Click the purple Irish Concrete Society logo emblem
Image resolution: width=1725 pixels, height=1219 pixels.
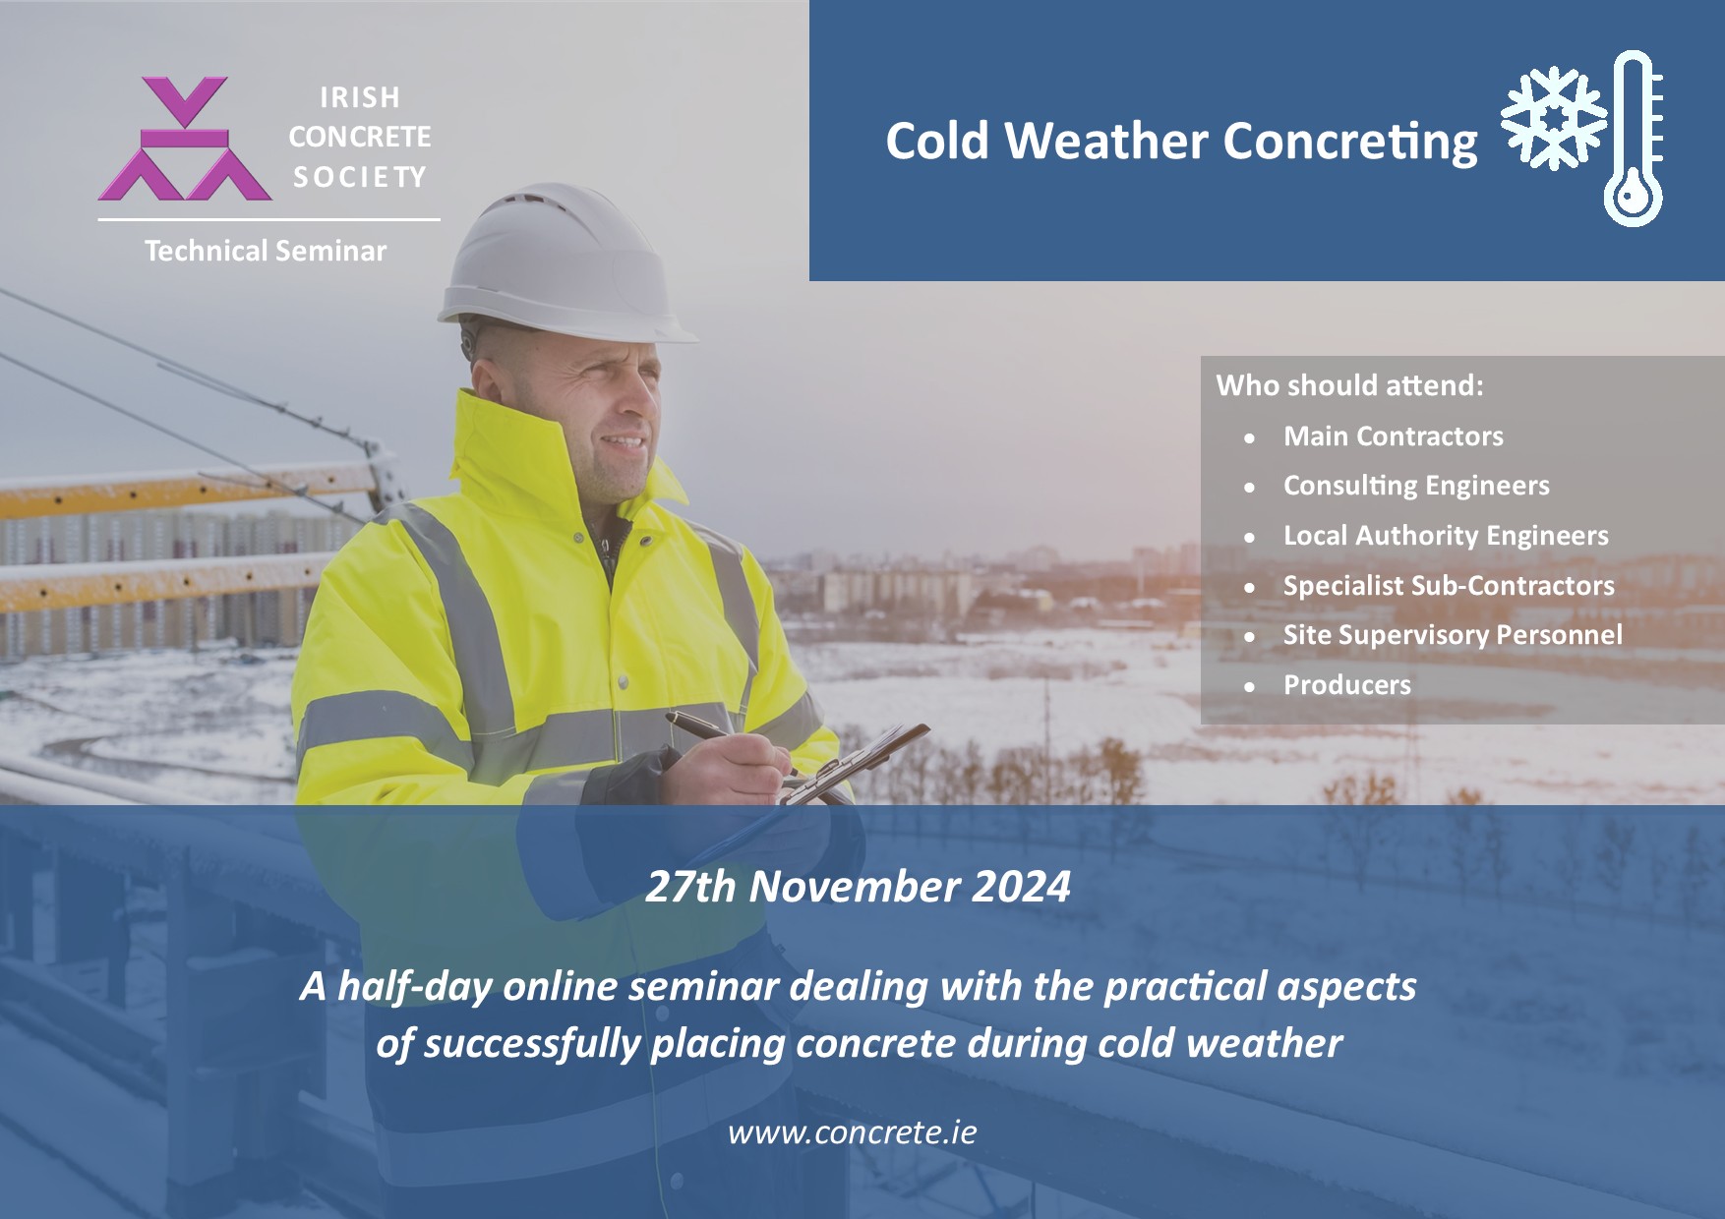pyautogui.click(x=185, y=139)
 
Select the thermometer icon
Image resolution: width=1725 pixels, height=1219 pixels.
pyautogui.click(x=1635, y=139)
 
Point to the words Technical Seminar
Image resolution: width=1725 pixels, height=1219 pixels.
pyautogui.click(x=266, y=251)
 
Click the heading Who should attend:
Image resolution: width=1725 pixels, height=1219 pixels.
pyautogui.click(x=1349, y=384)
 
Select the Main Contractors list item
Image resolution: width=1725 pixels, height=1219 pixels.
pyautogui.click(x=1394, y=435)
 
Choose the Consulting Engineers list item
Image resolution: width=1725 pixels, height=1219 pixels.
pyautogui.click(x=1416, y=486)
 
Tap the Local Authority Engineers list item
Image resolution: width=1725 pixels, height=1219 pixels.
pyautogui.click(x=1446, y=536)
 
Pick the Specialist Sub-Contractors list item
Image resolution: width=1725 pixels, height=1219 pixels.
pyautogui.click(x=1449, y=586)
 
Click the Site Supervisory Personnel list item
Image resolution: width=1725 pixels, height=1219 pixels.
pyautogui.click(x=1453, y=635)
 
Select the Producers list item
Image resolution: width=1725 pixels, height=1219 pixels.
pyautogui.click(x=1347, y=685)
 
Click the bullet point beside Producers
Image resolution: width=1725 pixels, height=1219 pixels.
pyautogui.click(x=1249, y=687)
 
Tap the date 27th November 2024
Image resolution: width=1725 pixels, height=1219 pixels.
pyautogui.click(x=858, y=887)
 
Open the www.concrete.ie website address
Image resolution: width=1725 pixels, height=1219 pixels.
pyautogui.click(x=853, y=1132)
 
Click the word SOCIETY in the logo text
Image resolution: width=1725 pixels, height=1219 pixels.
pyautogui.click(x=360, y=177)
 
